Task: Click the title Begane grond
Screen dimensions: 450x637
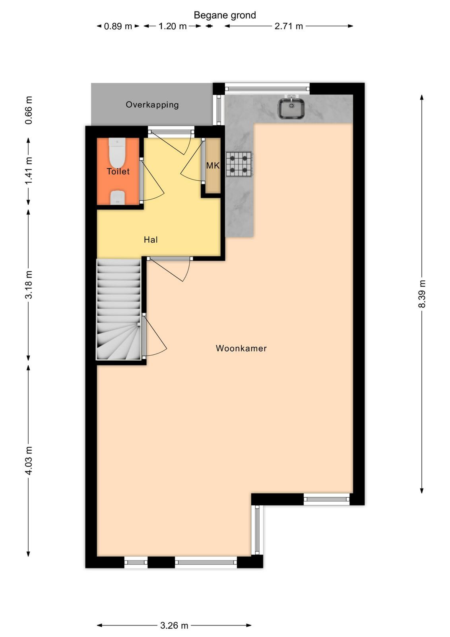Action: [x=225, y=15]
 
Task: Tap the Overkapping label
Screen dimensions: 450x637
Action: [x=152, y=105]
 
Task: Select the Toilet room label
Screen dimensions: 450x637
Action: [x=118, y=171]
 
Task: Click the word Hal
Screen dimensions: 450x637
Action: [x=151, y=239]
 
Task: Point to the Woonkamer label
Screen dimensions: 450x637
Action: [x=241, y=348]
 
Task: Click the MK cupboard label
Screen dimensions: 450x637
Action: [x=213, y=166]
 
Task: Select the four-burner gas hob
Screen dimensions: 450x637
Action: [x=239, y=164]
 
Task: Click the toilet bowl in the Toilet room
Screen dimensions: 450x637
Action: [x=117, y=153]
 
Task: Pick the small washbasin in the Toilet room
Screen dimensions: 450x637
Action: [x=117, y=197]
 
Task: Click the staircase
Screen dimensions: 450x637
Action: [x=119, y=309]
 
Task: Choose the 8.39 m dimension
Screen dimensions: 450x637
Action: [x=422, y=294]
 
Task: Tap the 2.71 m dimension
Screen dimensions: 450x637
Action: [x=289, y=26]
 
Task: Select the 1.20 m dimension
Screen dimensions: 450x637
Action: [x=173, y=26]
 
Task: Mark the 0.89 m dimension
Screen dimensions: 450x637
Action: [x=118, y=26]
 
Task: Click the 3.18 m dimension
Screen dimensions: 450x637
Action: [x=28, y=285]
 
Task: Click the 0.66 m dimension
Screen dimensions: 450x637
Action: [x=28, y=110]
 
